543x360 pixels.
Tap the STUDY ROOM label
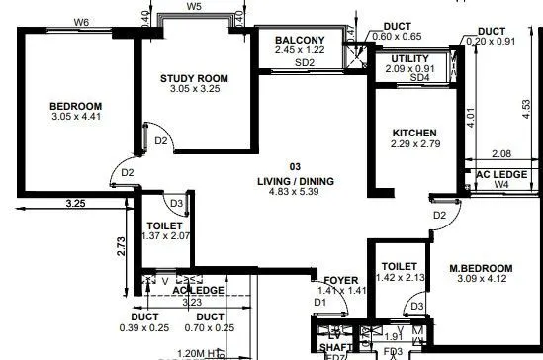(x=194, y=77)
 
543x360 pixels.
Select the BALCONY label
(x=301, y=40)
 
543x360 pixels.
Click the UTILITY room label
(x=407, y=59)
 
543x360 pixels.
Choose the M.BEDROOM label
(x=481, y=269)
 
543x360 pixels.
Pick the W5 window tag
(x=195, y=7)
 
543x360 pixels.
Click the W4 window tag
(x=500, y=183)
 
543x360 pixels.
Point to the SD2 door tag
(x=304, y=62)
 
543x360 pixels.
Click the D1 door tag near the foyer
(x=320, y=302)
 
